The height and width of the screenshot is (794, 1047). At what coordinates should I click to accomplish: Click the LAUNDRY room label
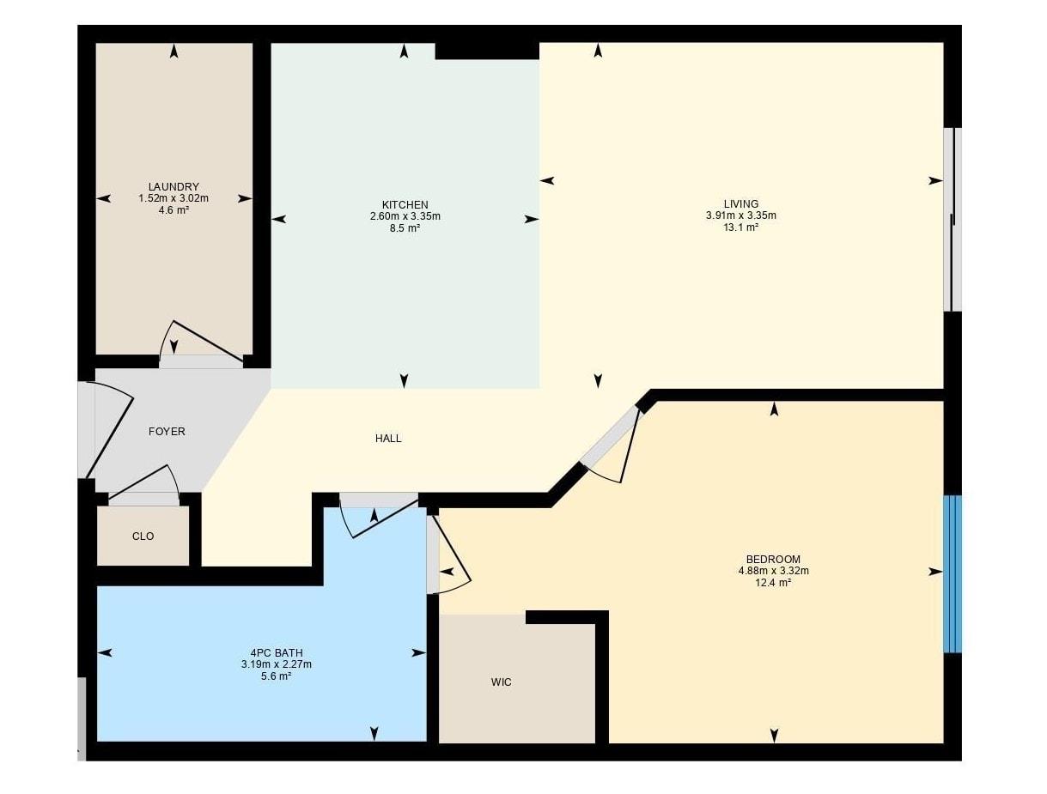pyautogui.click(x=173, y=186)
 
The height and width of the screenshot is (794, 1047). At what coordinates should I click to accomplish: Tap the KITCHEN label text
pyautogui.click(x=405, y=205)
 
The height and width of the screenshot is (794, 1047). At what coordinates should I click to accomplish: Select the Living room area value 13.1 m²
pyautogui.click(x=740, y=227)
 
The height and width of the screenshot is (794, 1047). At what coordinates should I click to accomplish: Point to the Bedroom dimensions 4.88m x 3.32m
pyautogui.click(x=773, y=571)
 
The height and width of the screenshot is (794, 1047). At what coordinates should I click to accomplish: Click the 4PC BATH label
pyautogui.click(x=277, y=653)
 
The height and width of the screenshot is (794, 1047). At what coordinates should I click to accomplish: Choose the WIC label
pyautogui.click(x=501, y=682)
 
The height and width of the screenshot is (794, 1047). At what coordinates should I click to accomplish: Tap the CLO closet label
pyautogui.click(x=143, y=536)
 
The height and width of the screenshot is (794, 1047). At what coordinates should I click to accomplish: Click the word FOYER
pyautogui.click(x=167, y=431)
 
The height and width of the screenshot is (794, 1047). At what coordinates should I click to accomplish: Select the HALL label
pyautogui.click(x=388, y=438)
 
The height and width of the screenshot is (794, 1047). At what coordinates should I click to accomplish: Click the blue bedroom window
pyautogui.click(x=953, y=573)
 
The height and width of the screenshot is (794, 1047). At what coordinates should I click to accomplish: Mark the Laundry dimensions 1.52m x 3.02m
pyautogui.click(x=173, y=198)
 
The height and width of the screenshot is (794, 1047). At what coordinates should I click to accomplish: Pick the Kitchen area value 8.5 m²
pyautogui.click(x=405, y=228)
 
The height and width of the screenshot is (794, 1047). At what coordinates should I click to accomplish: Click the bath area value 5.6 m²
pyautogui.click(x=276, y=676)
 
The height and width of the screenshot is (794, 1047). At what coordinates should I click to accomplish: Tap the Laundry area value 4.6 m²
pyautogui.click(x=173, y=209)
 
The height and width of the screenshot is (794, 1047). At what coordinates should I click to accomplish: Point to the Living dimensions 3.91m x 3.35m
pyautogui.click(x=740, y=215)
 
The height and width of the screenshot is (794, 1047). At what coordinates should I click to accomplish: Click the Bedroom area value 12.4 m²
pyautogui.click(x=773, y=582)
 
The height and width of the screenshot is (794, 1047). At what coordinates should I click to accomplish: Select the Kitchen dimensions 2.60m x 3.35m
pyautogui.click(x=405, y=216)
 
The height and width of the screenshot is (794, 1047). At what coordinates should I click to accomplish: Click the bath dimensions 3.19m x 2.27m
pyautogui.click(x=277, y=664)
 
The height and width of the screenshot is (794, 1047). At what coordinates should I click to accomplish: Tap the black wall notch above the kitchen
pyautogui.click(x=487, y=51)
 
